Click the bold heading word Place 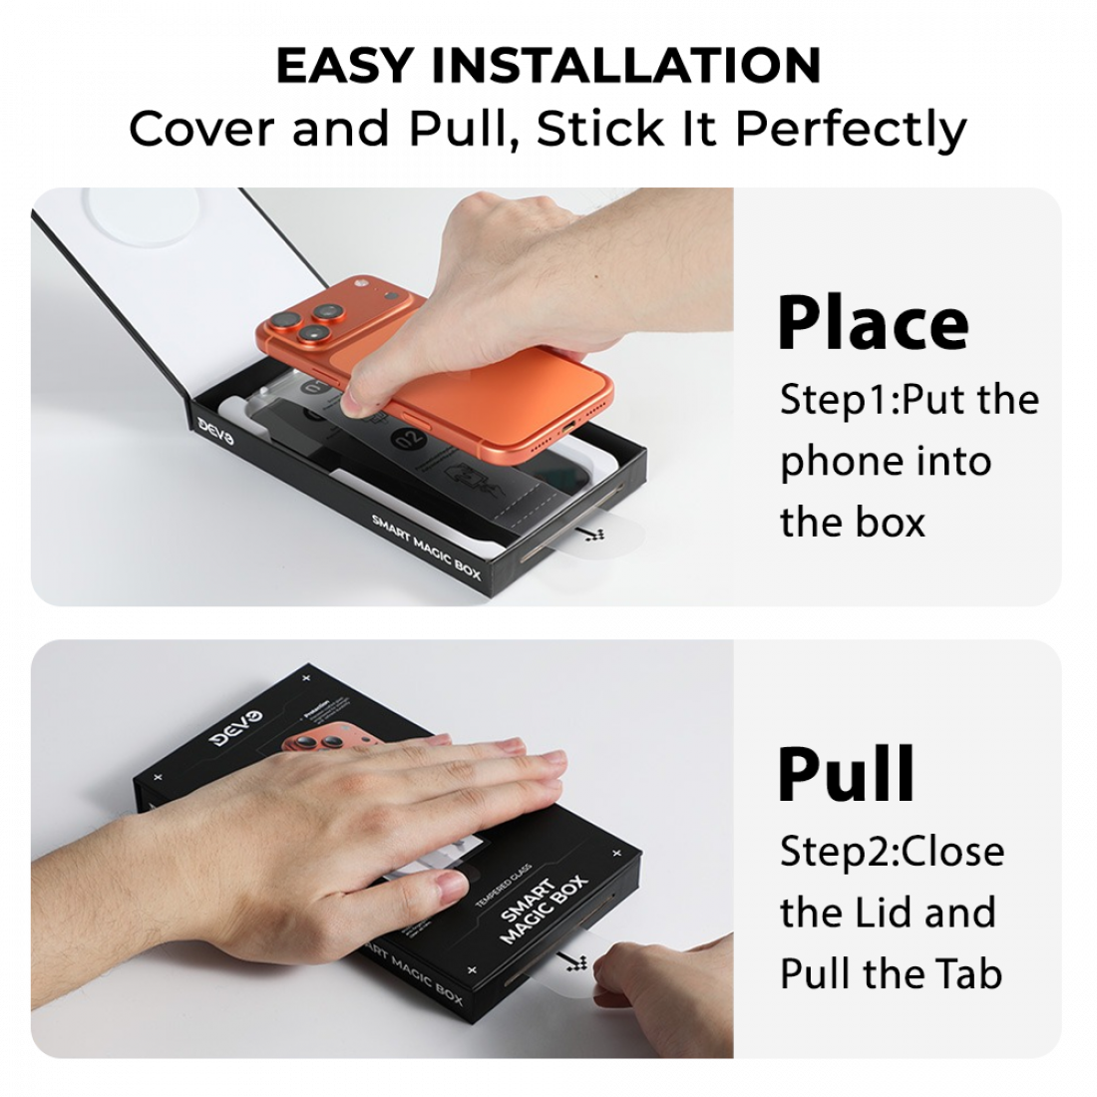tap(873, 322)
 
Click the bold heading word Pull tap(846, 774)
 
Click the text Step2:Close tap(892, 851)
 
